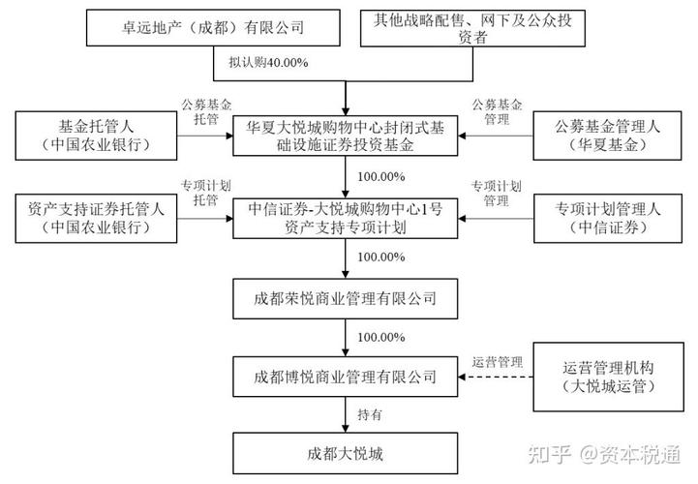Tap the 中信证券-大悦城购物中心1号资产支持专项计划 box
click(x=346, y=217)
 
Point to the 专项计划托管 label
click(x=201, y=192)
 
